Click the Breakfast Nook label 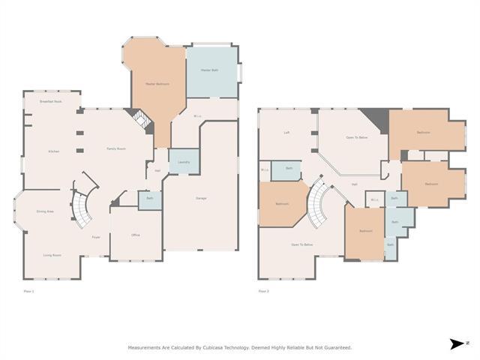coord(51,101)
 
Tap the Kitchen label coord(53,151)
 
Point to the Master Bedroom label coord(157,84)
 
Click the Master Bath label coord(209,70)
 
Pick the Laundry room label coord(184,162)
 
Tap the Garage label coord(201,198)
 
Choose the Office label coord(136,235)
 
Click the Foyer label coord(96,237)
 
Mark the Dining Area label coord(45,211)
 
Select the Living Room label coord(52,255)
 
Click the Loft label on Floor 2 coord(286,133)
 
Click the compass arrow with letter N coord(457,344)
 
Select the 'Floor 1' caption coord(28,289)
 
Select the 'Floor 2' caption coord(263,289)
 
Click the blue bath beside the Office coord(149,199)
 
